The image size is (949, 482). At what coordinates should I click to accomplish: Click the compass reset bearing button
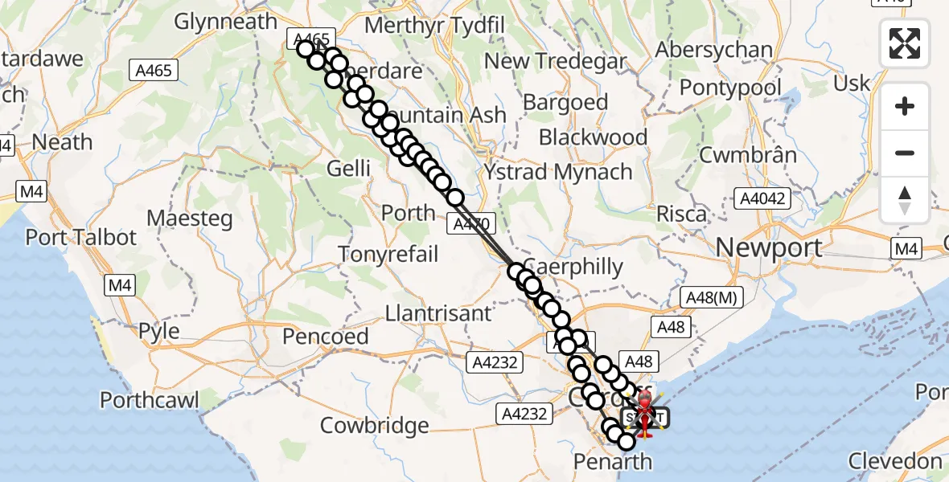click(x=905, y=200)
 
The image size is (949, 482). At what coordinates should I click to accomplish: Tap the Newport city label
click(x=769, y=247)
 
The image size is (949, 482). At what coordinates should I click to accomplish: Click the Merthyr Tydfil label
click(x=434, y=25)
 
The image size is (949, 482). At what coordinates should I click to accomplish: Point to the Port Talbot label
click(x=81, y=238)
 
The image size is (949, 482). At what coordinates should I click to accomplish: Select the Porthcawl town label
click(x=150, y=400)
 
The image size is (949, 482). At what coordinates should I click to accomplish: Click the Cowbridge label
click(x=375, y=425)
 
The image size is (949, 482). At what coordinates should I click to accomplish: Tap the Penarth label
click(x=612, y=461)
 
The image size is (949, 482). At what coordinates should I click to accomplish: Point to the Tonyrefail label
click(x=388, y=255)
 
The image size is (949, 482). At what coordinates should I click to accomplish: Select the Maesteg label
click(x=190, y=218)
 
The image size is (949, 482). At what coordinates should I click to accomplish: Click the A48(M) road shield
click(x=712, y=297)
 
